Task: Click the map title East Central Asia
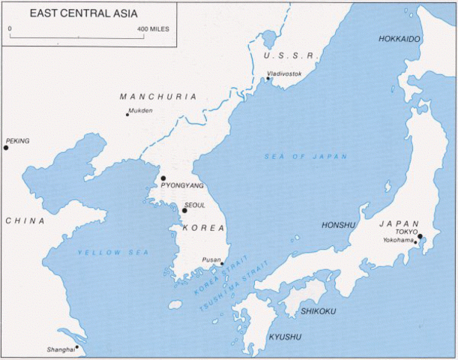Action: [x=76, y=13]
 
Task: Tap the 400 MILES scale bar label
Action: [x=153, y=28]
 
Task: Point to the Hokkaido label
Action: [x=400, y=38]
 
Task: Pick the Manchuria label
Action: [x=158, y=97]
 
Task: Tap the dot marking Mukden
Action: [x=127, y=114]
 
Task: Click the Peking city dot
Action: [x=6, y=148]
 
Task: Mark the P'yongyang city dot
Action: [x=163, y=178]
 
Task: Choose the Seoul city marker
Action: [x=184, y=210]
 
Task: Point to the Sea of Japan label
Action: [x=306, y=156]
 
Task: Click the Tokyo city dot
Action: [x=420, y=236]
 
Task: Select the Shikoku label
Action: [x=318, y=310]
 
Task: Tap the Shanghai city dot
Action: [x=76, y=347]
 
